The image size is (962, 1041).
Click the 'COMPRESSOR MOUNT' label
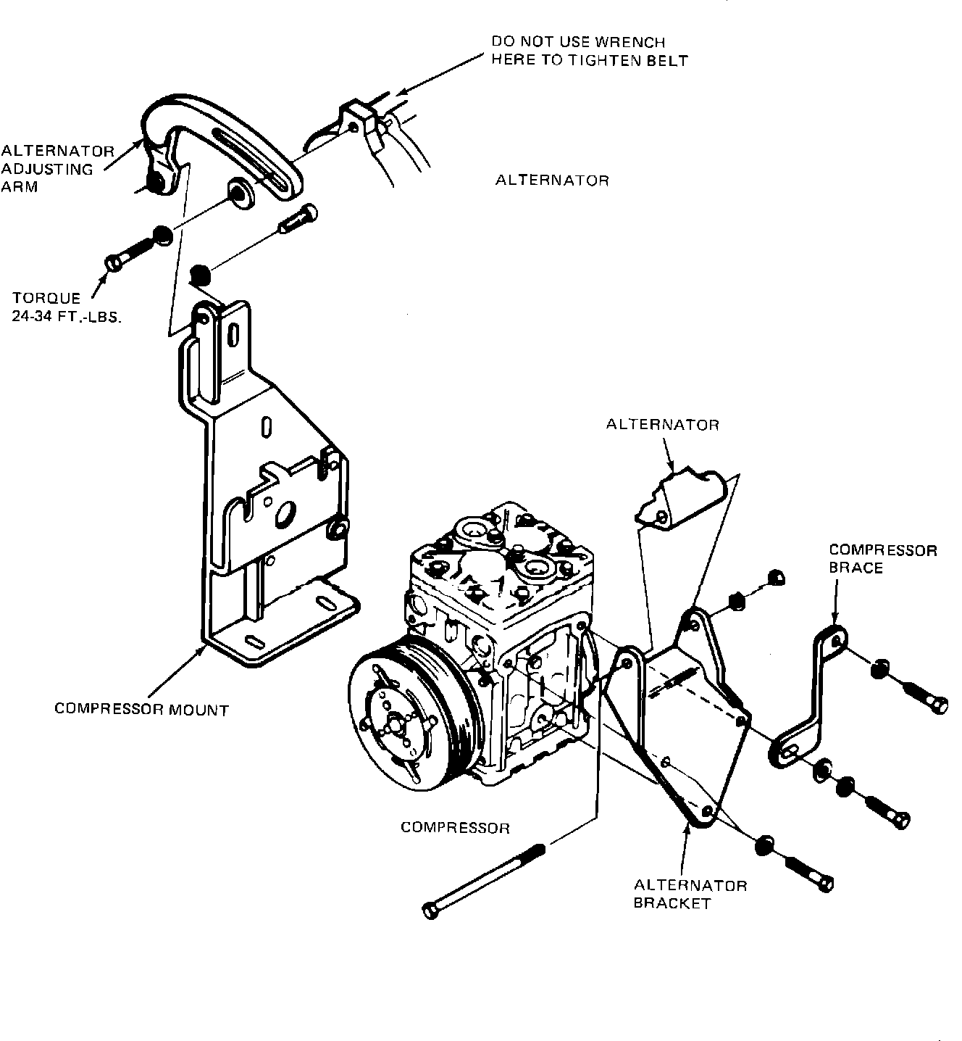[x=141, y=710]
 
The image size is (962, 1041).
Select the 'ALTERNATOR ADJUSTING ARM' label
[x=57, y=169]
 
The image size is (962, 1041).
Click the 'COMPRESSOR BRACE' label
[x=882, y=559]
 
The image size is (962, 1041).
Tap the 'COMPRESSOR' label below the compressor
[x=455, y=828]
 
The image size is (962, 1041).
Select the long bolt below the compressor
[x=483, y=881]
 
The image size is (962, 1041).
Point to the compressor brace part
[x=810, y=696]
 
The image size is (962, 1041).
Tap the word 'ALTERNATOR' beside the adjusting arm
[x=552, y=180]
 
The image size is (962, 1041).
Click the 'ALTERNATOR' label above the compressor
[x=663, y=425]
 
